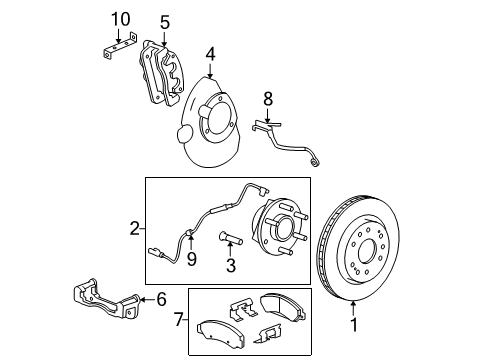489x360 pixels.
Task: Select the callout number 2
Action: tap(134, 229)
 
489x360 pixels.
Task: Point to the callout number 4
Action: tap(210, 54)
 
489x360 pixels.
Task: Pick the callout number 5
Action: tap(165, 21)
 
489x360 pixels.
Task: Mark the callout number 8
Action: tap(267, 100)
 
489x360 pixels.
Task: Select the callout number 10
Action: tap(120, 19)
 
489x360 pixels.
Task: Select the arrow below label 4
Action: tap(210, 70)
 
